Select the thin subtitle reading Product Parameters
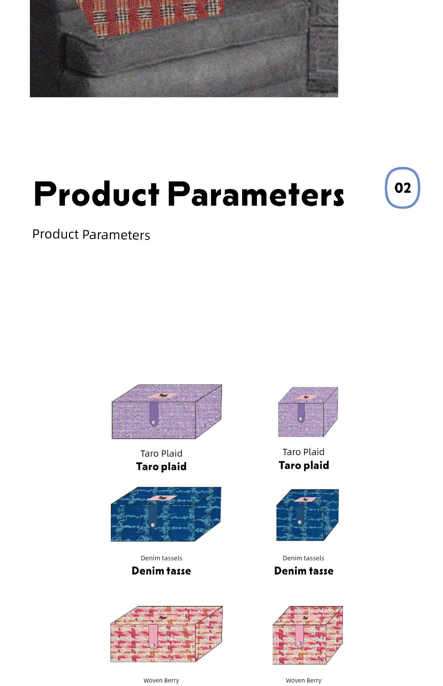tap(91, 235)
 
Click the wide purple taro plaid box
tap(167, 411)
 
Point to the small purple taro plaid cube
tap(308, 412)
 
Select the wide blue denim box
tap(166, 514)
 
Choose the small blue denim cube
tap(307, 515)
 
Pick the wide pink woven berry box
tap(166, 634)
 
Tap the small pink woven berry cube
tap(308, 635)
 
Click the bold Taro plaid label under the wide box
tap(161, 466)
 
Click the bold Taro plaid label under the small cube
tap(304, 465)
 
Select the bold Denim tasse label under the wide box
tap(161, 571)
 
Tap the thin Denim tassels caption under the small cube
tap(304, 558)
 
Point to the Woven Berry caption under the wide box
tap(161, 680)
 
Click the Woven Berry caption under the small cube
tap(304, 680)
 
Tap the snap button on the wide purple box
tap(154, 422)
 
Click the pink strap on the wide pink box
tap(153, 637)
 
